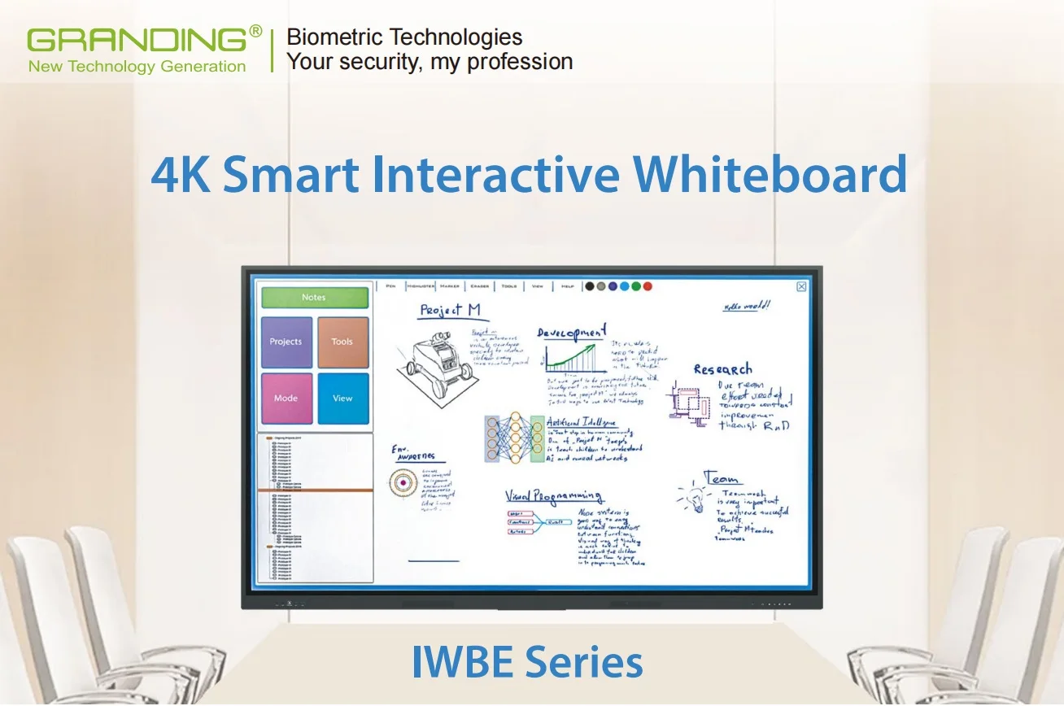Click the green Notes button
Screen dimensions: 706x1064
pos(314,298)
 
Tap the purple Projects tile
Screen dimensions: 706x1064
pos(286,342)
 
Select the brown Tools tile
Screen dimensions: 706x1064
pos(342,342)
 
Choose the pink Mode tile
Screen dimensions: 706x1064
pos(286,399)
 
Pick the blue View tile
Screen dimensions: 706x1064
pos(342,399)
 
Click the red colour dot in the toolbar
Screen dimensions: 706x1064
pos(648,286)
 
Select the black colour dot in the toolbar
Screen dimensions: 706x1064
pos(590,286)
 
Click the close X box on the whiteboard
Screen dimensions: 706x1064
pos(801,286)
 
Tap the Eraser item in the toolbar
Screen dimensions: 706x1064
pos(480,286)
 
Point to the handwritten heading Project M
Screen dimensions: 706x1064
pos(450,310)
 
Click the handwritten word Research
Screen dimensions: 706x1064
pos(722,369)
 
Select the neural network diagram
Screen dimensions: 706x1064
pos(514,438)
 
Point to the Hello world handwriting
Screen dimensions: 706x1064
pos(747,307)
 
